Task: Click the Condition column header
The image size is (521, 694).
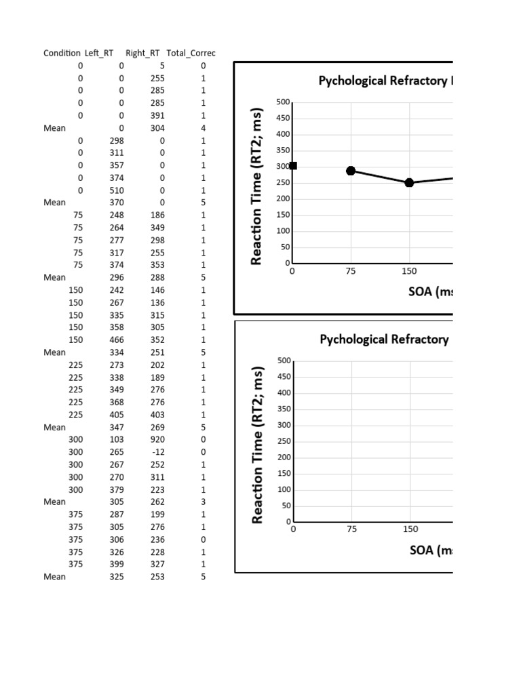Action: point(62,53)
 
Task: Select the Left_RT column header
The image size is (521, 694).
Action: point(99,53)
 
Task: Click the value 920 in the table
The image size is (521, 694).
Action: point(157,439)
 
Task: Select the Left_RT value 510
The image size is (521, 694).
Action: point(117,190)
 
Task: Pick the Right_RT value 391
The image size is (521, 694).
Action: point(157,115)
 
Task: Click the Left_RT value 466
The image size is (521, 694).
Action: point(117,340)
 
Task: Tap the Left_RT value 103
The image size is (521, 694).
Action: point(117,439)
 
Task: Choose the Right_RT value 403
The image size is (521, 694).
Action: point(157,415)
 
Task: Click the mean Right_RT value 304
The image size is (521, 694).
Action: point(157,128)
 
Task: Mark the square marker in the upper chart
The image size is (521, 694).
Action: point(293,166)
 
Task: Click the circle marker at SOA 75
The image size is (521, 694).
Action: point(351,171)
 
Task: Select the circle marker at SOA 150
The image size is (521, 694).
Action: point(409,182)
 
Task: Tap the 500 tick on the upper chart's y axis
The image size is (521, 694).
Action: point(283,102)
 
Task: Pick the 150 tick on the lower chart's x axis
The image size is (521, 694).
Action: point(410,529)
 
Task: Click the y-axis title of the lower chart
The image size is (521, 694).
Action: point(257,445)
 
